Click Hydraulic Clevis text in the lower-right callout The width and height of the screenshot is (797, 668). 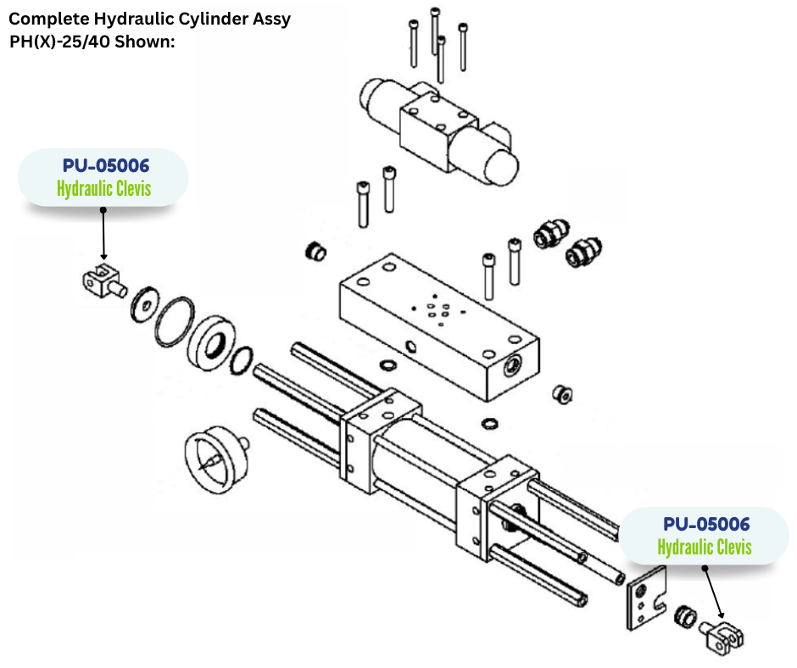coord(705,547)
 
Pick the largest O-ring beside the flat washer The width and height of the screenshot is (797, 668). coord(176,322)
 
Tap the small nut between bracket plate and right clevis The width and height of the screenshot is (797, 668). coord(685,618)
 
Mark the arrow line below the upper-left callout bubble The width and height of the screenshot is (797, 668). coord(103,232)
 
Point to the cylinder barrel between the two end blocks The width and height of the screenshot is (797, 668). coord(415,462)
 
